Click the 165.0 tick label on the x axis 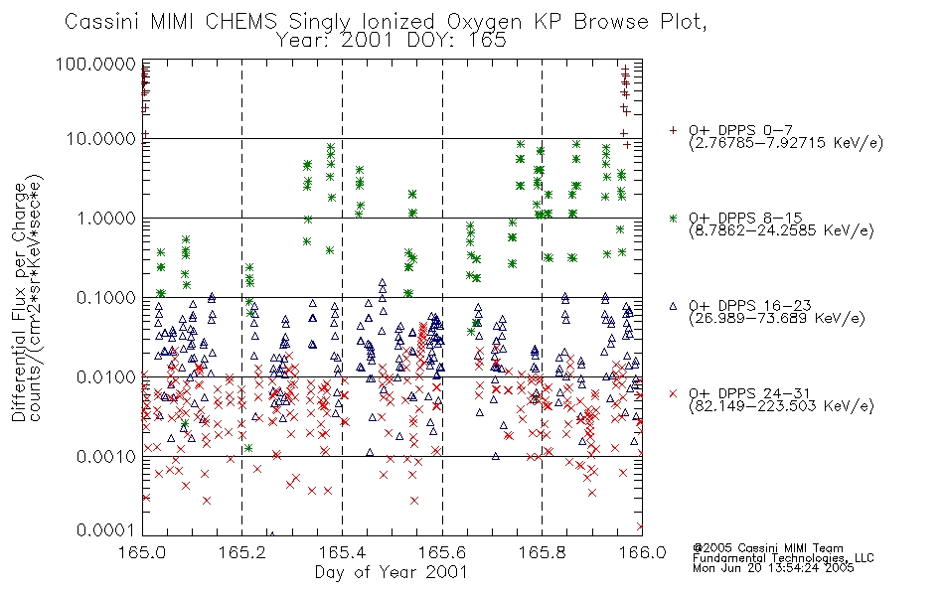(142, 552)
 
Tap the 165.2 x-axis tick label (242, 552)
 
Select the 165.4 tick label (342, 552)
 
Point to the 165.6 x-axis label (442, 552)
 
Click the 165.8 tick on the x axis (542, 552)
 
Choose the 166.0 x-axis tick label (642, 552)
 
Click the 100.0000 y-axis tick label (96, 64)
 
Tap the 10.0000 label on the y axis (101, 139)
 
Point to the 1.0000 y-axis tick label (106, 218)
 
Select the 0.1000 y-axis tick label (106, 297)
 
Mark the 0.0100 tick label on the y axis (106, 377)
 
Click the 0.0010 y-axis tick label (106, 457)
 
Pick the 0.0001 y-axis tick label (106, 530)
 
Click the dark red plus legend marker (673, 130)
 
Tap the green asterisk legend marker (673, 218)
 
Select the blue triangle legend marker (673, 306)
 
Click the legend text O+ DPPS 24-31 (749, 393)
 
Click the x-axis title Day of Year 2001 (392, 572)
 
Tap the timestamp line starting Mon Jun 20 (773, 568)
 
